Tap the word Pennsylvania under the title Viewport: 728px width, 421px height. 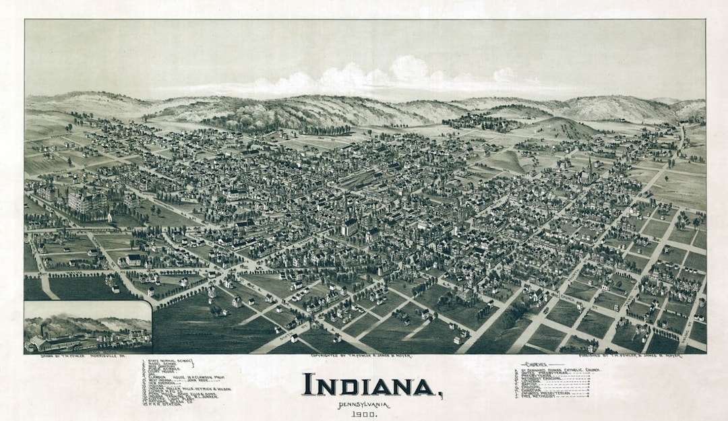pos(364,404)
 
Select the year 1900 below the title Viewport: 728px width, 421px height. pos(364,414)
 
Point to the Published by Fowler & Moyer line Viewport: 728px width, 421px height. pos(630,356)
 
